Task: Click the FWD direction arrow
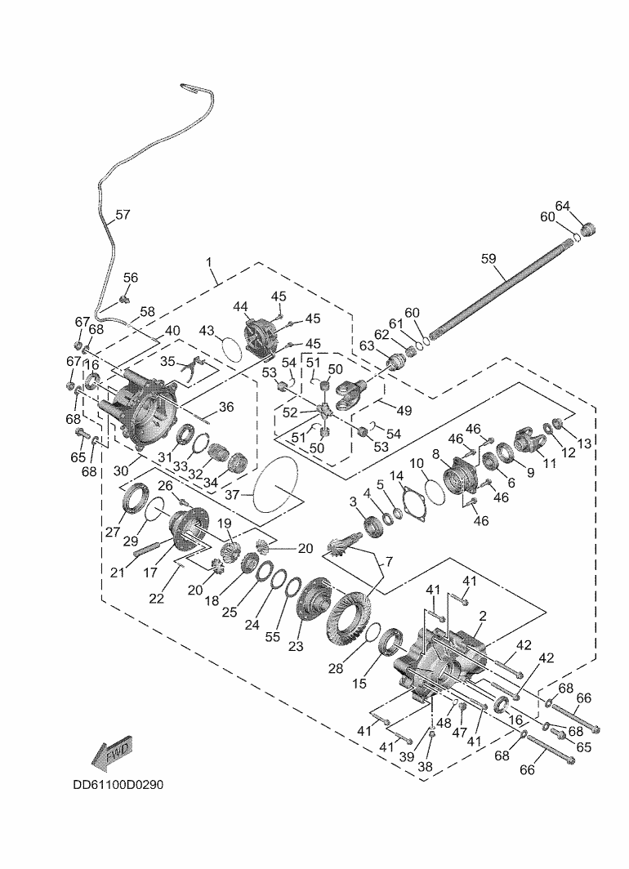coord(112,753)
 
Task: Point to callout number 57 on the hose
coord(123,216)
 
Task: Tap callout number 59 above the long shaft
coord(488,259)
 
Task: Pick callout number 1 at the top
coord(209,263)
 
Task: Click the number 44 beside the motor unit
coord(240,306)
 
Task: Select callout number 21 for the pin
coord(118,573)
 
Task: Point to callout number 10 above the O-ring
coord(417,462)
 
